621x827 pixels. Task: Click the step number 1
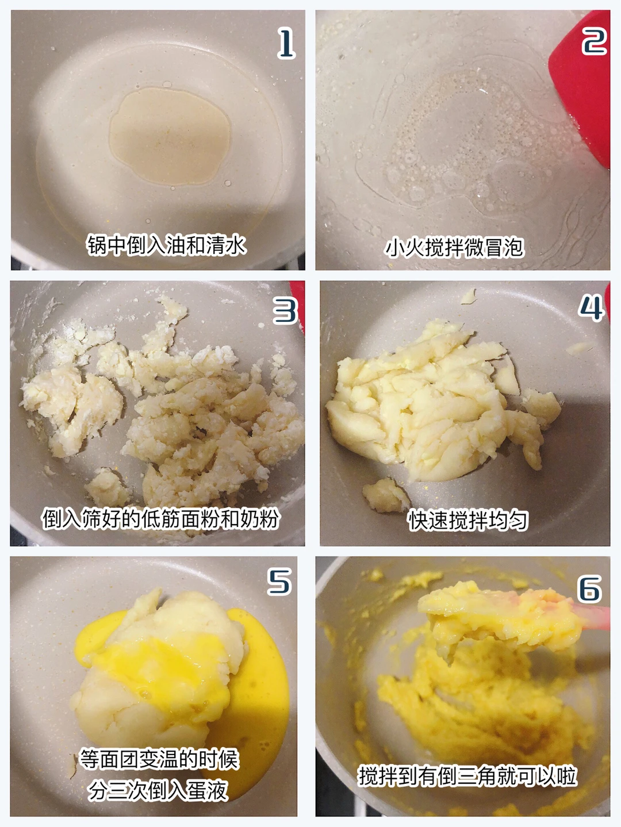tap(286, 44)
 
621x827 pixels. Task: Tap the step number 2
tap(594, 41)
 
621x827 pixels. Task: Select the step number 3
tap(285, 310)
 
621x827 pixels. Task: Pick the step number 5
tap(279, 582)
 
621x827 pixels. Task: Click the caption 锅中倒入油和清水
tap(166, 245)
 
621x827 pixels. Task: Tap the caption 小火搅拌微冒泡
tap(454, 248)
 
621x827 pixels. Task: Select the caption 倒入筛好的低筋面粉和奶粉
tap(160, 518)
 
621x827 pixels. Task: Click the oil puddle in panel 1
tap(170, 136)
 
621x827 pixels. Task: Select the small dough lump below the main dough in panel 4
tap(385, 495)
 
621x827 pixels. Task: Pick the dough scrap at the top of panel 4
tap(469, 297)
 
